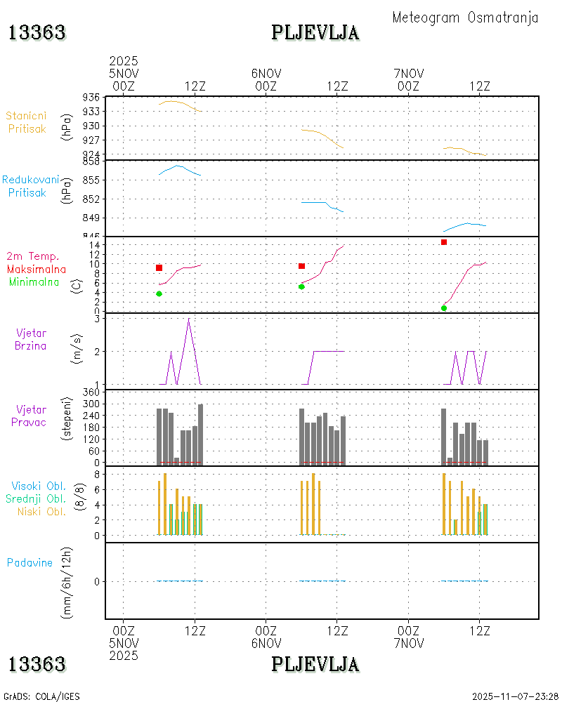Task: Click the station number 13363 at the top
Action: [x=37, y=32]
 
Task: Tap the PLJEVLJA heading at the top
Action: [x=315, y=32]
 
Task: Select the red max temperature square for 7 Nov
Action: [x=444, y=242]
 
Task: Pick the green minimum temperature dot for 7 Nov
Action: [x=444, y=308]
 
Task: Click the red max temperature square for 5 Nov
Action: [x=159, y=267]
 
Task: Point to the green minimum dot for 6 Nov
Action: [x=301, y=286]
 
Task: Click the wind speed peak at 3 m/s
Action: [x=188, y=319]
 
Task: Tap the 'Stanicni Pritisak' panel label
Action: [x=27, y=122]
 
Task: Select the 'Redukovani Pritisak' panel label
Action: [x=30, y=186]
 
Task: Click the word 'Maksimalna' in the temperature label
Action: [x=37, y=269]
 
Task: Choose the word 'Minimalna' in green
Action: [x=34, y=282]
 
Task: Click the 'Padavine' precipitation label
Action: [x=30, y=562]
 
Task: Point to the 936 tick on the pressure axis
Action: [x=91, y=98]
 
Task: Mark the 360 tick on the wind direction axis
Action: [x=91, y=392]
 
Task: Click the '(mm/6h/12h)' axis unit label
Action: [x=67, y=581]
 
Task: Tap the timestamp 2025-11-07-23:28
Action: [x=516, y=696]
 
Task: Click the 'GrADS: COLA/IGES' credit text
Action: [x=42, y=696]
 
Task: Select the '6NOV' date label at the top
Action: [x=266, y=73]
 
